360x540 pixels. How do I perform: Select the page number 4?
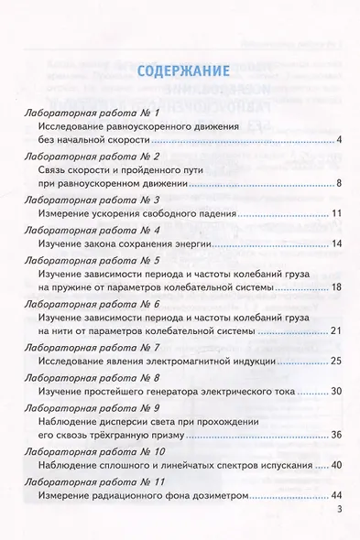pos(339,140)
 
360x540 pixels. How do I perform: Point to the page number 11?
pos(336,214)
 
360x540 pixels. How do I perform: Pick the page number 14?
pos(336,244)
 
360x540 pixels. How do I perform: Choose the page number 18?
pos(336,287)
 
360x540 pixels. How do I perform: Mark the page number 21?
pos(336,330)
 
